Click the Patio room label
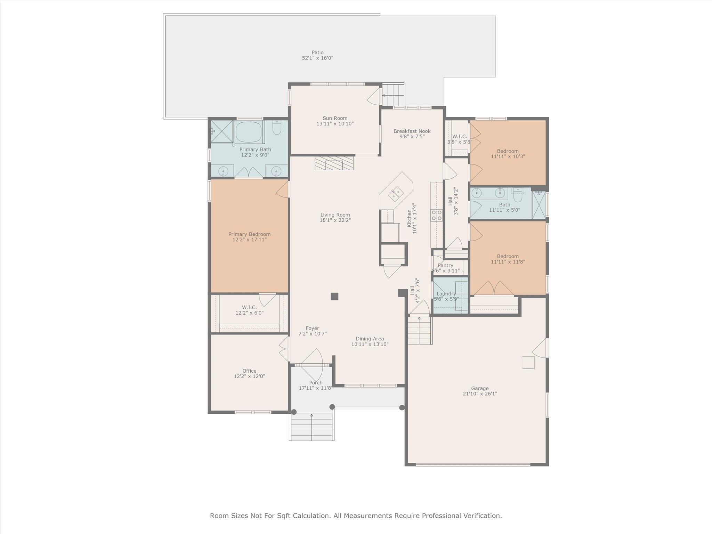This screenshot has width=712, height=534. click(317, 52)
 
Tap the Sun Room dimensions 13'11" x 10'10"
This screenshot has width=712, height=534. click(335, 124)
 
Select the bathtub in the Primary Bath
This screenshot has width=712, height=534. click(249, 132)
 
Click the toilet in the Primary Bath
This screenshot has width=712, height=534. click(277, 128)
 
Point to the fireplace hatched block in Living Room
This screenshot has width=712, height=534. click(334, 163)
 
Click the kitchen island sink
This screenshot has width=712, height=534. click(396, 194)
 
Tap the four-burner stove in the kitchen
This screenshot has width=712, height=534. click(436, 215)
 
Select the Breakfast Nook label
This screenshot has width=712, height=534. click(412, 131)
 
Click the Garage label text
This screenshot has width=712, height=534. click(480, 388)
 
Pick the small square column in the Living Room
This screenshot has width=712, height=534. click(334, 296)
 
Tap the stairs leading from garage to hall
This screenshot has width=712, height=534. click(420, 330)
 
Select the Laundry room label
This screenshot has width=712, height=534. click(446, 294)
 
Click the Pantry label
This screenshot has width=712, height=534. click(445, 265)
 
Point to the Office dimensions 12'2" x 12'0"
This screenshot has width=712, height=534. click(249, 376)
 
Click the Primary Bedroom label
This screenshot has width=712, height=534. click(249, 234)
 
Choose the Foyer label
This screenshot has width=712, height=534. click(312, 328)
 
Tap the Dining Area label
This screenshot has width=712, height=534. click(370, 339)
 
